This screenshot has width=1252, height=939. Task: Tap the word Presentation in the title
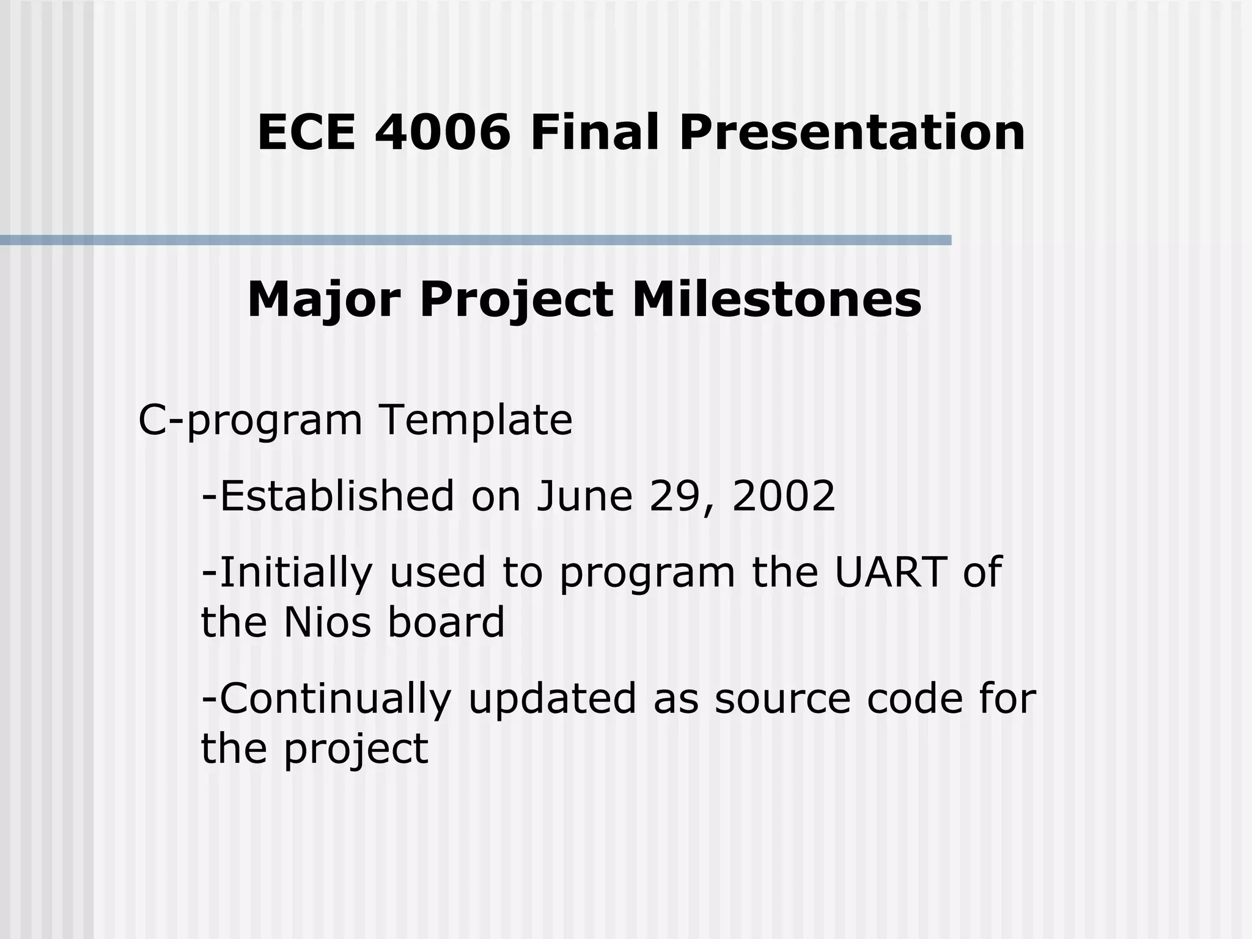(x=852, y=133)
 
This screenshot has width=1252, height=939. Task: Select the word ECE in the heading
(x=306, y=133)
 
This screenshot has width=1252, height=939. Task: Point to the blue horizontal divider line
(x=476, y=240)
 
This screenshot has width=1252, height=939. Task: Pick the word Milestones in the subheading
(x=776, y=300)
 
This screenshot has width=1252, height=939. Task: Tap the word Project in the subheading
(x=516, y=300)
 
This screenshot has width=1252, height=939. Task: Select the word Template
(x=476, y=420)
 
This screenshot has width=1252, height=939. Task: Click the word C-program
(x=251, y=420)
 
